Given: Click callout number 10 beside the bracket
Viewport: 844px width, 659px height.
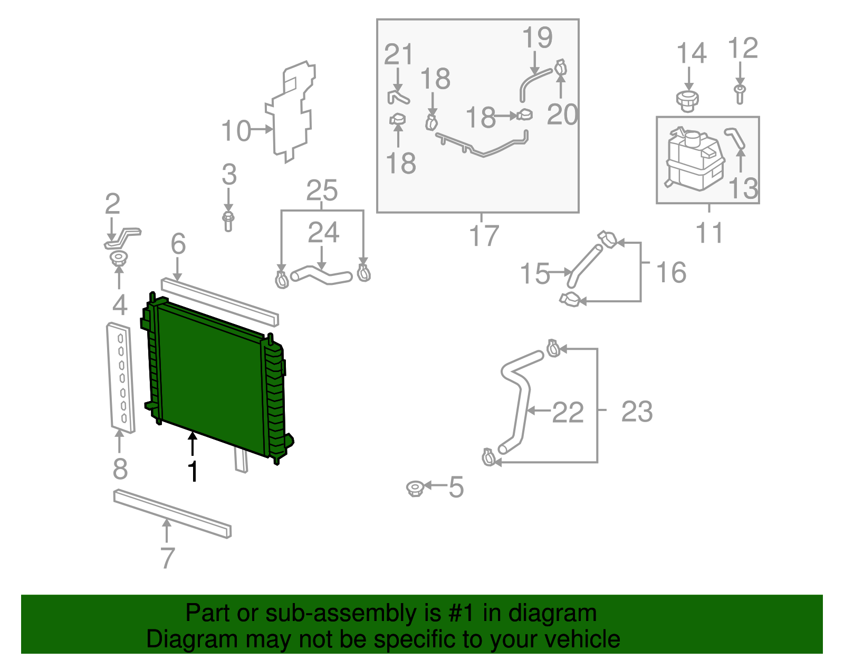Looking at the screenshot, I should pyautogui.click(x=236, y=131).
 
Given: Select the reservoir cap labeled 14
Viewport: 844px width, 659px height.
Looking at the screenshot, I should pyautogui.click(x=687, y=100).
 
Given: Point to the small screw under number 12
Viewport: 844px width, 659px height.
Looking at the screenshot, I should pyautogui.click(x=740, y=94).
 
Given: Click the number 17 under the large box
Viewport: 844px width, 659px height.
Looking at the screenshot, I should pyautogui.click(x=484, y=235).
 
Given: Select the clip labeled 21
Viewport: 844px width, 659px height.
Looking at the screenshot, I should pyautogui.click(x=398, y=97).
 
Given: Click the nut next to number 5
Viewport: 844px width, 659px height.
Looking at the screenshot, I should pyautogui.click(x=415, y=489).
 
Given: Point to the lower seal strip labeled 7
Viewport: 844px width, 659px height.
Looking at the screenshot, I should pyautogui.click(x=172, y=514).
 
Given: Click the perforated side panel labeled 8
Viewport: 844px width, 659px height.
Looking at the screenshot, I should pyautogui.click(x=121, y=377).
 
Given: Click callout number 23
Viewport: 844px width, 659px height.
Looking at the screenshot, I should pyautogui.click(x=637, y=412).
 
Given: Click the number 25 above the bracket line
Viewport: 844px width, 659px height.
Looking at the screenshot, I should pyautogui.click(x=322, y=190).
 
